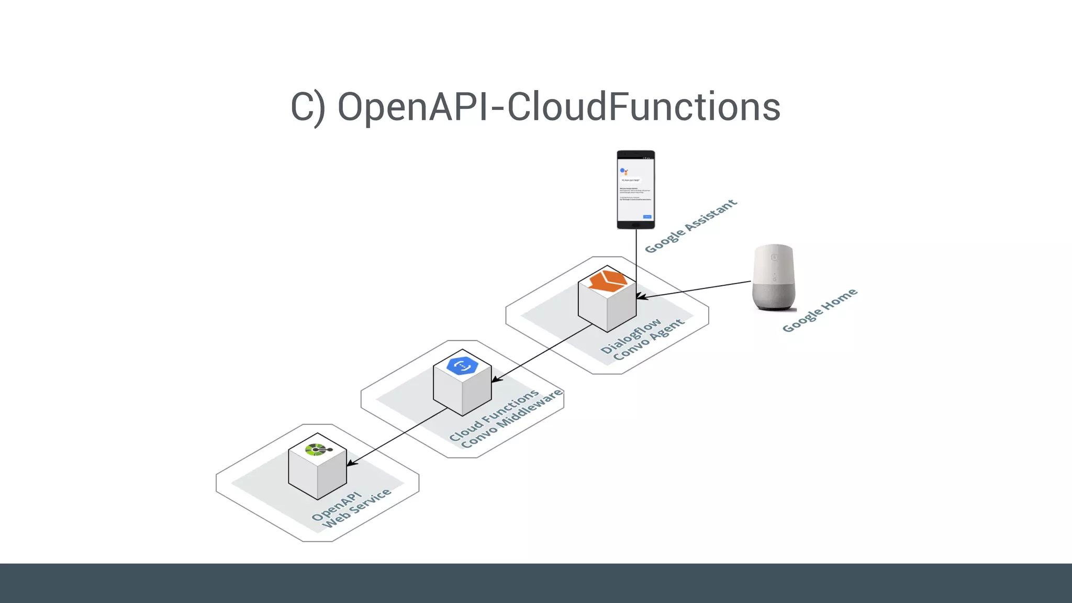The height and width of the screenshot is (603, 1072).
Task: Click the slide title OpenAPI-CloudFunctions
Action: pyautogui.click(x=535, y=107)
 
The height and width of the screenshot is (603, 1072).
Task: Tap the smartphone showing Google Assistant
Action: pyautogui.click(x=635, y=189)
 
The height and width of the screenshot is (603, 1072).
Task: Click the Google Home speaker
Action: pyautogui.click(x=774, y=277)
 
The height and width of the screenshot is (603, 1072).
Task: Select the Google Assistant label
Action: pyautogui.click(x=690, y=226)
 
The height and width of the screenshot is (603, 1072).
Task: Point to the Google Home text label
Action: pyautogui.click(x=819, y=310)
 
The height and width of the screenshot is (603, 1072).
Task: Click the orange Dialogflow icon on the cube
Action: pyautogui.click(x=608, y=281)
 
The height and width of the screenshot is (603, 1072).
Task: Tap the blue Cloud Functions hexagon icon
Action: pyautogui.click(x=463, y=365)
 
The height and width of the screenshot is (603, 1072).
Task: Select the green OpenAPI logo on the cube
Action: pyautogui.click(x=317, y=450)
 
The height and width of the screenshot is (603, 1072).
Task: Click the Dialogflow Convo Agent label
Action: pyautogui.click(x=642, y=339)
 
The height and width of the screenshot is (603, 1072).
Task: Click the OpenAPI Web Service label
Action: pyautogui.click(x=351, y=509)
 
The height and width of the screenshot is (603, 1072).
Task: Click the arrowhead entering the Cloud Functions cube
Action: pyautogui.click(x=495, y=379)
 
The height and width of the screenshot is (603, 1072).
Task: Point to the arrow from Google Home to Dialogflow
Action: pyautogui.click(x=696, y=289)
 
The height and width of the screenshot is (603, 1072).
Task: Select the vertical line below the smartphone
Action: pyautogui.click(x=636, y=256)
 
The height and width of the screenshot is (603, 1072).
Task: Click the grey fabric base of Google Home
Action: pyautogui.click(x=774, y=296)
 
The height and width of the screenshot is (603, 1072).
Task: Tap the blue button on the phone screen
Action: pyautogui.click(x=647, y=217)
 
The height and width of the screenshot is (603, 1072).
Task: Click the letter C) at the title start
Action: pyautogui.click(x=308, y=108)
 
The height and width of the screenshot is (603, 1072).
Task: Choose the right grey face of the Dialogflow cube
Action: pyautogui.click(x=622, y=309)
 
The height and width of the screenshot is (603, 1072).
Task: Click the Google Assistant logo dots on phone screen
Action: pyautogui.click(x=623, y=171)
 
